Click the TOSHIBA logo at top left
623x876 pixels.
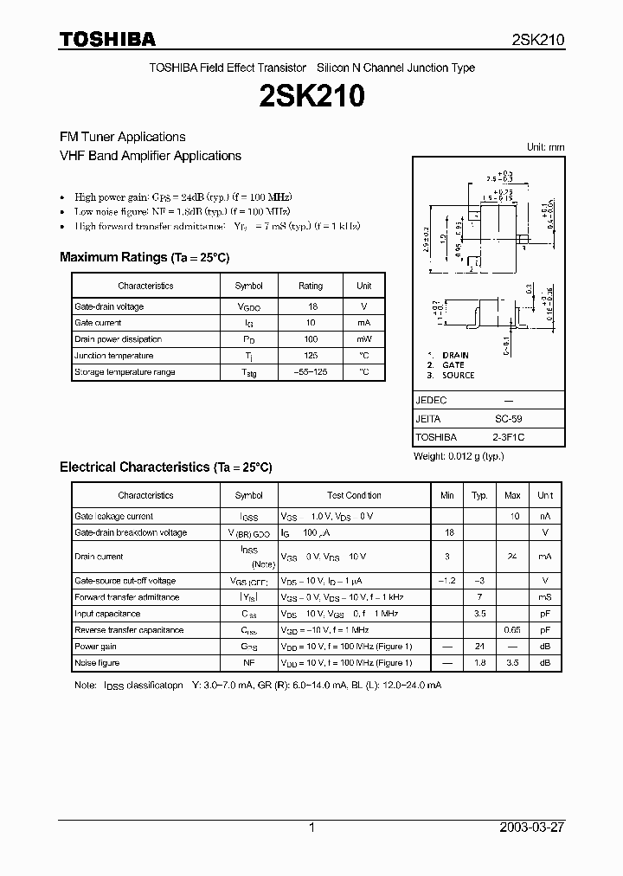(x=106, y=39)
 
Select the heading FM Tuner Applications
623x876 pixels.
(x=122, y=137)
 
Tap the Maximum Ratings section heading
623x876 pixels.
(x=145, y=257)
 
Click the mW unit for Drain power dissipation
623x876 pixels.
(x=363, y=339)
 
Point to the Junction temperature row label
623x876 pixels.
(x=113, y=356)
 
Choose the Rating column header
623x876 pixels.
(x=310, y=286)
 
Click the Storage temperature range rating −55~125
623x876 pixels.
(x=310, y=372)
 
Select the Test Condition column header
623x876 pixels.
(x=354, y=495)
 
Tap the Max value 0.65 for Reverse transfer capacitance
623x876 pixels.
(x=512, y=630)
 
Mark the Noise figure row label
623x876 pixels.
(x=97, y=663)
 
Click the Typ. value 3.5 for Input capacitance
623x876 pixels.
(x=479, y=614)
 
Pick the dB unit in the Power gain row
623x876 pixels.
(x=545, y=647)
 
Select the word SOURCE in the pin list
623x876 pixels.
(x=458, y=376)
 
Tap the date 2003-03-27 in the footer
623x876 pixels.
(x=532, y=828)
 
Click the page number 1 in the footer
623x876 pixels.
(x=311, y=828)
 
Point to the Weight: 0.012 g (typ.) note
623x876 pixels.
(x=459, y=456)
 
